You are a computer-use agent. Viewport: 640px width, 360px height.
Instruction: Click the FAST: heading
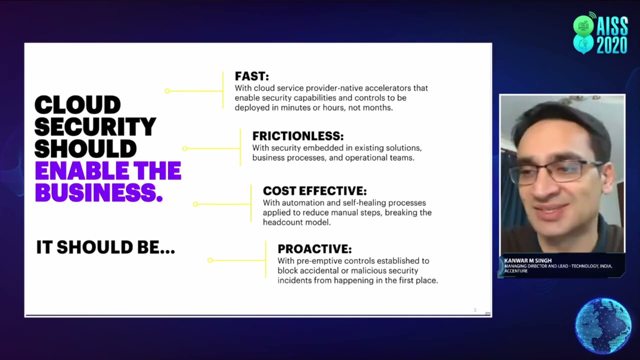(x=251, y=76)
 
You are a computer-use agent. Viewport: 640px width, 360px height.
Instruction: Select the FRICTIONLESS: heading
(x=297, y=136)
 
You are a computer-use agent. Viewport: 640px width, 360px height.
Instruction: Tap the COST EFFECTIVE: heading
(x=314, y=191)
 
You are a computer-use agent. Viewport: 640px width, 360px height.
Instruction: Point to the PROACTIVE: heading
(x=314, y=249)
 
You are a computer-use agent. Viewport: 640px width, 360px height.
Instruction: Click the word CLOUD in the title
(x=77, y=105)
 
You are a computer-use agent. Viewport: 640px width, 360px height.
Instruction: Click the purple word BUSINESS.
(x=98, y=193)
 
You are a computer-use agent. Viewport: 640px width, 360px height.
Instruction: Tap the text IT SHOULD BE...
(x=105, y=247)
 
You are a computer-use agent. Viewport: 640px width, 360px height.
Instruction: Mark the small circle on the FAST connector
(x=167, y=91)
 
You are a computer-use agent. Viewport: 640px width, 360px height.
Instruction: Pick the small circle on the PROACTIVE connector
(x=210, y=260)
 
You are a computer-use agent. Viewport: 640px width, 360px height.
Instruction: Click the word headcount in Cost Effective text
(x=283, y=222)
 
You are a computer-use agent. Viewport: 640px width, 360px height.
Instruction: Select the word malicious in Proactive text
(x=350, y=270)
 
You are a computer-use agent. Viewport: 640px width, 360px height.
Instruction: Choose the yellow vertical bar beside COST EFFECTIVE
(x=251, y=203)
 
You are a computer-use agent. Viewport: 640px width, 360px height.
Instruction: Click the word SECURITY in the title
(x=95, y=127)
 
